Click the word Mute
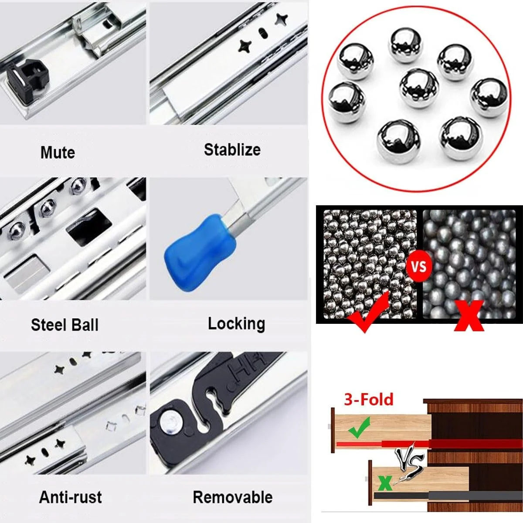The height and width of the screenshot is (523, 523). [58, 153]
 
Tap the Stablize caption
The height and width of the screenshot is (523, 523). [232, 149]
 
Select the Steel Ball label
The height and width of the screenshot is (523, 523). [65, 325]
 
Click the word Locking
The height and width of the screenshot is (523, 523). [236, 324]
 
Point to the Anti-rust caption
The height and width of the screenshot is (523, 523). [70, 497]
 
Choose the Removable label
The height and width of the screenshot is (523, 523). [233, 497]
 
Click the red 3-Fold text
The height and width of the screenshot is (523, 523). [368, 399]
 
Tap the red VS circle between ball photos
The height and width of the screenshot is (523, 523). [418, 267]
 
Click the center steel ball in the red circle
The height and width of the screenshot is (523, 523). [419, 88]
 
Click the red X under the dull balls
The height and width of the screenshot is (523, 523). [469, 316]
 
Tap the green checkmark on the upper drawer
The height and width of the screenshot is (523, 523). [359, 428]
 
